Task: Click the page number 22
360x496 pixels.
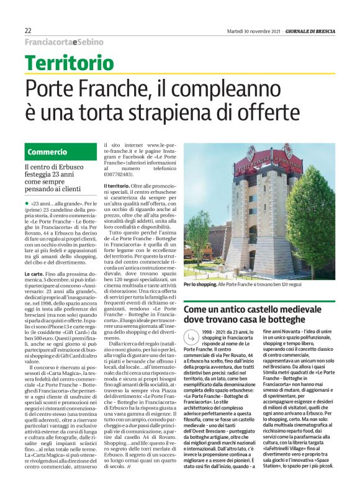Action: point(28,30)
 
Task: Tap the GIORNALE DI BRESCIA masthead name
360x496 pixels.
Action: point(312,30)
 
